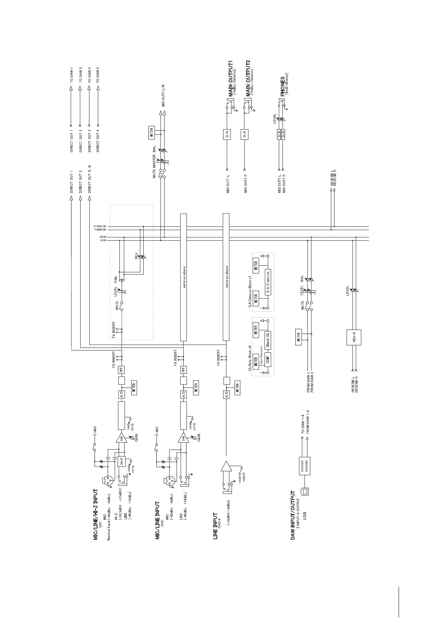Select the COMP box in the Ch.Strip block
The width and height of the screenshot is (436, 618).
(x=268, y=360)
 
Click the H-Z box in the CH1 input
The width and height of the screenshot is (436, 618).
(x=121, y=461)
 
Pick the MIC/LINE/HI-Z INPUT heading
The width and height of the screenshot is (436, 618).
(x=96, y=514)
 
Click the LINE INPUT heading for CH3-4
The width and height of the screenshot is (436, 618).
(x=215, y=526)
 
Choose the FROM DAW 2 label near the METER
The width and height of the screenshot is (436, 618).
(x=312, y=383)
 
